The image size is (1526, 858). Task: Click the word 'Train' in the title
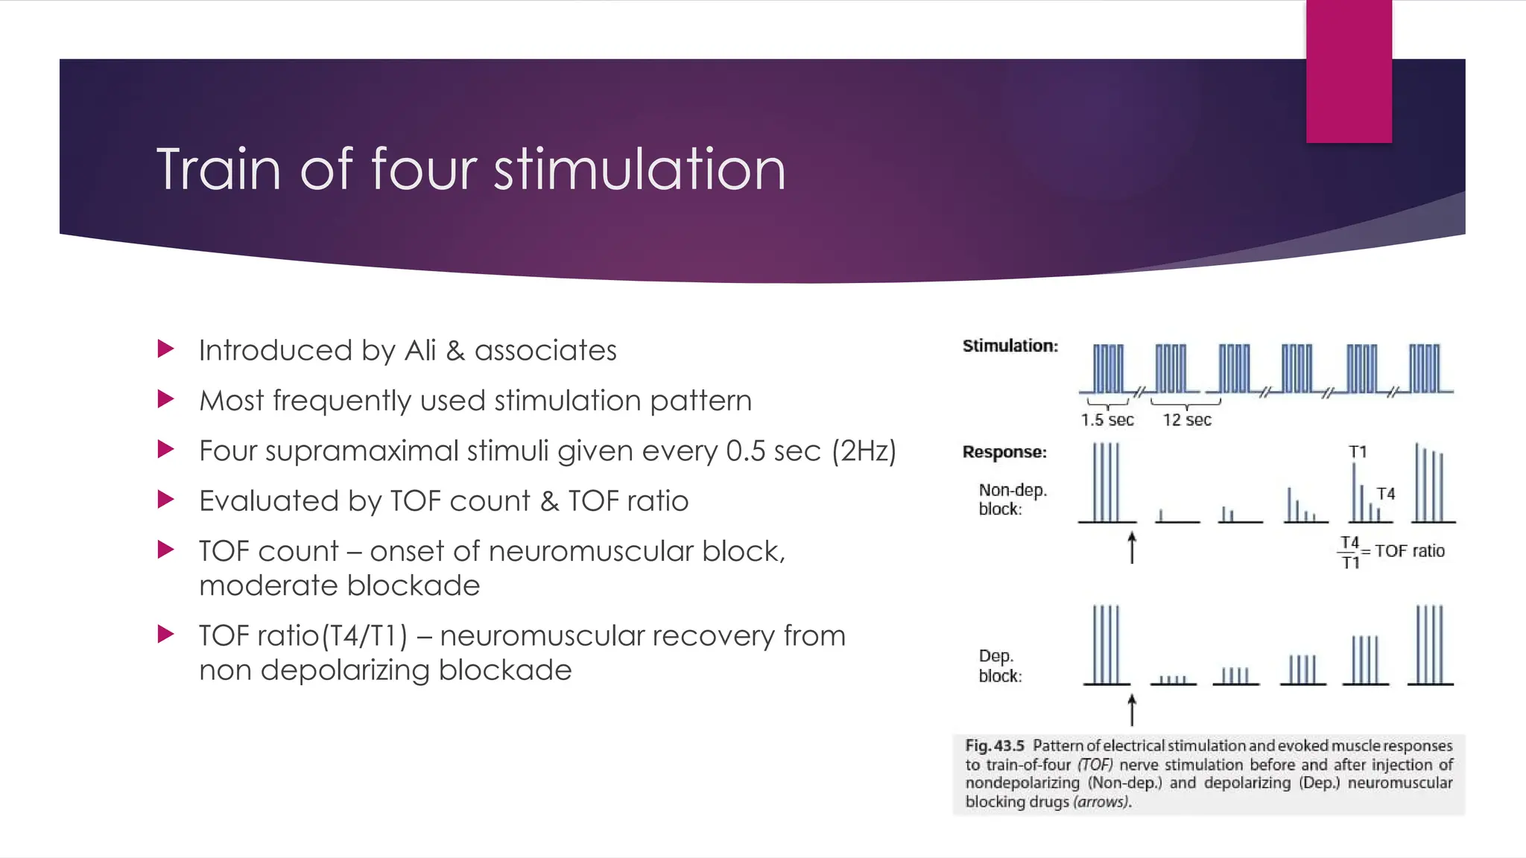(218, 170)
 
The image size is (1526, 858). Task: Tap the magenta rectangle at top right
(1349, 71)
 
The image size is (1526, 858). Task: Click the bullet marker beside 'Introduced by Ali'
(166, 349)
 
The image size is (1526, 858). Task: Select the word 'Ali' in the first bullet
(420, 350)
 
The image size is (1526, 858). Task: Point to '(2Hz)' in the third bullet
(864, 451)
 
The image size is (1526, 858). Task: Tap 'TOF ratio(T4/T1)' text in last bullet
(303, 636)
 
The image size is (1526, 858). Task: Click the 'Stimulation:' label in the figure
(1010, 346)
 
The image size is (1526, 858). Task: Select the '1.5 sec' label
(1107, 420)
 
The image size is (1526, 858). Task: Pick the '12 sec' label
(1187, 420)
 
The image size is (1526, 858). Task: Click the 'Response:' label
(1004, 452)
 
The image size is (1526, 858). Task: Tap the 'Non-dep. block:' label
(1012, 500)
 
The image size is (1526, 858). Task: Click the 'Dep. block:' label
(1000, 666)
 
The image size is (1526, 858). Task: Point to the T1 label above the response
(1358, 452)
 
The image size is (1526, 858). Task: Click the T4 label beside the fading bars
(1385, 494)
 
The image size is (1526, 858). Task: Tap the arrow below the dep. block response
(1132, 709)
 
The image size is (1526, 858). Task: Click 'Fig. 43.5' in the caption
(995, 746)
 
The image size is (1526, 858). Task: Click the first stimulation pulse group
(1108, 369)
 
